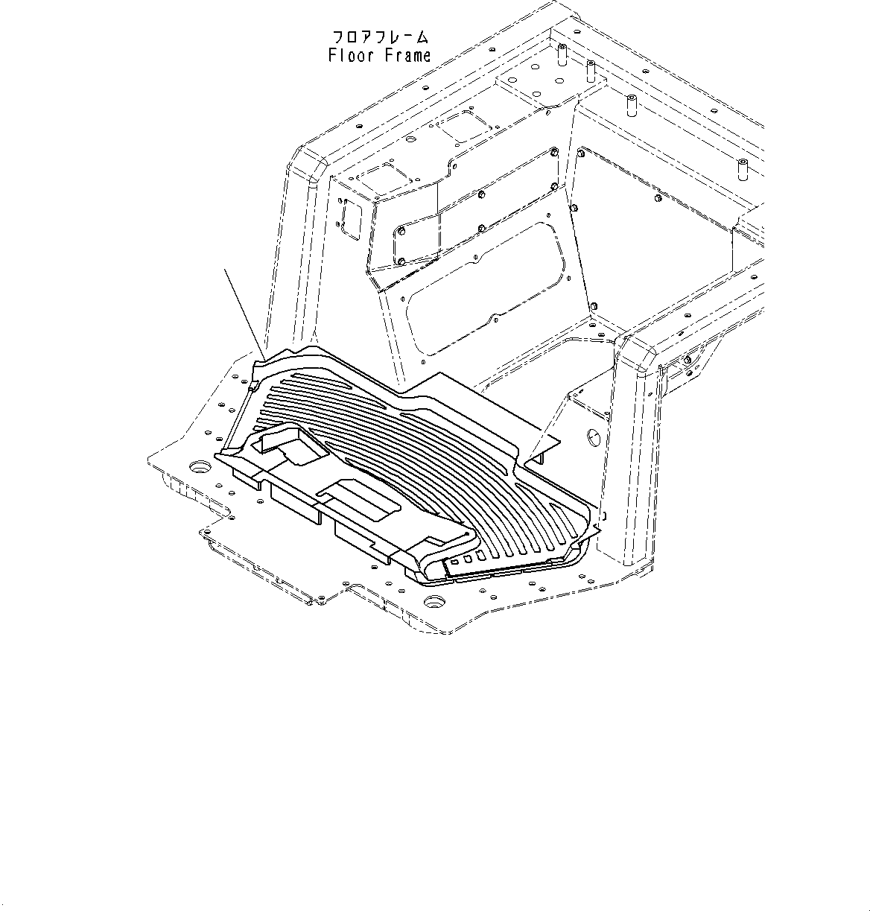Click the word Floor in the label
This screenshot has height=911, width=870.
352,55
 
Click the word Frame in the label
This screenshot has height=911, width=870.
407,55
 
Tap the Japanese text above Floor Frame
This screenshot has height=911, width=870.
380,36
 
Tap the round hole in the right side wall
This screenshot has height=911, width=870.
594,435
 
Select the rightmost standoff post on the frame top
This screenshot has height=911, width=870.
743,167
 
